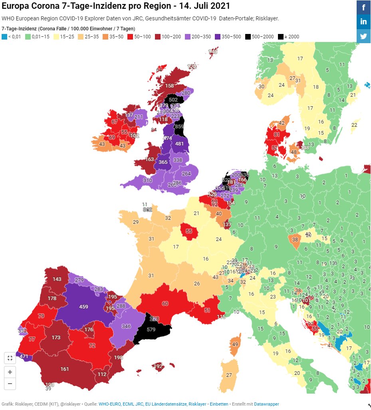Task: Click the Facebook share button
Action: coord(363,7)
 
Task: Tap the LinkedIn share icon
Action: coord(363,22)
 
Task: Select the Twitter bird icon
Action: coord(363,36)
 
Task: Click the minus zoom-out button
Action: coord(10,384)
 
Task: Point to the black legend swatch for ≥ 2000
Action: coord(281,37)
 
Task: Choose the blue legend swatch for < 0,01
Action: coord(4,37)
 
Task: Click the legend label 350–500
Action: coord(231,37)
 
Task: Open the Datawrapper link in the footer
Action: coord(266,404)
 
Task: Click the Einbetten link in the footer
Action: coord(219,404)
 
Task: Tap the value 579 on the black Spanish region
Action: coord(151,330)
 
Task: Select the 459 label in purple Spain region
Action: coord(83,307)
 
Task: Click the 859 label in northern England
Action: coord(179,127)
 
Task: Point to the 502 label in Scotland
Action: coord(173,100)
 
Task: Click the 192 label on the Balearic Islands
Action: coord(159,366)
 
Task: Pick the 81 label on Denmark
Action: coord(277,135)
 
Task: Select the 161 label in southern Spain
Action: coord(65,369)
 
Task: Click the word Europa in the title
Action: coord(16,6)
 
